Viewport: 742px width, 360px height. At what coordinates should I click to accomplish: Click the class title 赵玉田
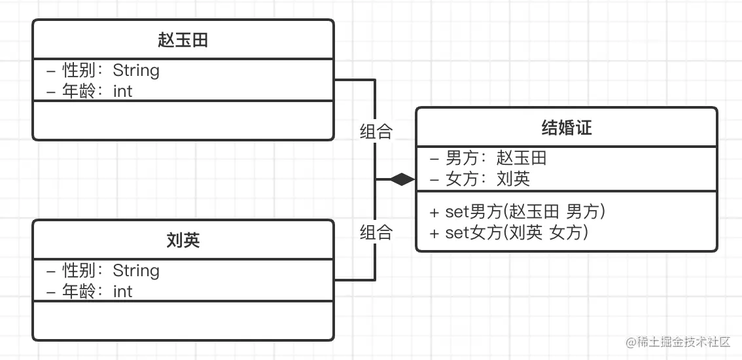click(x=183, y=40)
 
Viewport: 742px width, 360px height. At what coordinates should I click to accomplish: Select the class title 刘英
click(x=183, y=240)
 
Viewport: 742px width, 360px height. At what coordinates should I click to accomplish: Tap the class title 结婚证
click(x=567, y=128)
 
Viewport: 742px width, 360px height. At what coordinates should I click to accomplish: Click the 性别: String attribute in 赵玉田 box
click(x=103, y=70)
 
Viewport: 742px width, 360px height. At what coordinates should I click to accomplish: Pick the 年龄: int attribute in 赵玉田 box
click(x=90, y=91)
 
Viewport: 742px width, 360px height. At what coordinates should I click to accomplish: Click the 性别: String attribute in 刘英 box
click(x=103, y=270)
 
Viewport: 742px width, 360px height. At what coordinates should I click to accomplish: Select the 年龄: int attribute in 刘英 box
click(x=90, y=291)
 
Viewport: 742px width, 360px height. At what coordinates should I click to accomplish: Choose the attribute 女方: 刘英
click(x=480, y=179)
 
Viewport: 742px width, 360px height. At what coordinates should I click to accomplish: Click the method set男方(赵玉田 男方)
click(x=517, y=211)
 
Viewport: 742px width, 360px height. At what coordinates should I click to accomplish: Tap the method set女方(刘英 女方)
click(x=508, y=232)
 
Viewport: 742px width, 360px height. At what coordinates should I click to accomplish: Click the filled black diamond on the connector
click(x=402, y=179)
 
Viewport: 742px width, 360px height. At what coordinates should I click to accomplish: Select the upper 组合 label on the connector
click(x=376, y=132)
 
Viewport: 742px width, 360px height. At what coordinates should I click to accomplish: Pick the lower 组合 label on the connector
click(x=376, y=232)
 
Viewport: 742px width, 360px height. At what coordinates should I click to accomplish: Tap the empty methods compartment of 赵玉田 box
click(x=183, y=120)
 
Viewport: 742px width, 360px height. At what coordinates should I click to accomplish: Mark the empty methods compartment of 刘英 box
click(x=183, y=321)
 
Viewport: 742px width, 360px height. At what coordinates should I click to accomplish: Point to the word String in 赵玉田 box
click(x=136, y=70)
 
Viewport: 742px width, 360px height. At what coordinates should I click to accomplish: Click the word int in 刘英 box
click(x=123, y=291)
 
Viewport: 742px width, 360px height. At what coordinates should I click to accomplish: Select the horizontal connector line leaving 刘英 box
click(x=354, y=280)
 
